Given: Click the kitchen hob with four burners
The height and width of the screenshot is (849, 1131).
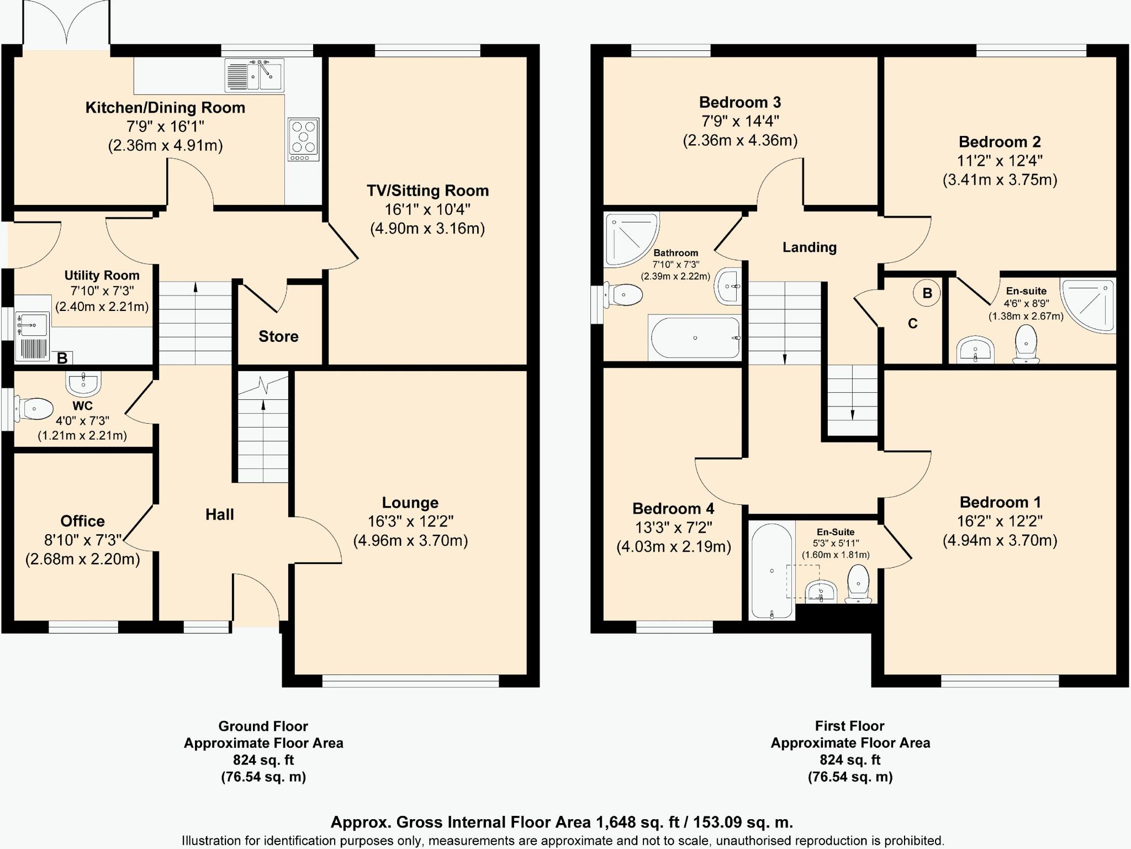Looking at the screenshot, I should tap(303, 139).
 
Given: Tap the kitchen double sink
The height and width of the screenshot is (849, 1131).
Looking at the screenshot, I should tap(255, 76).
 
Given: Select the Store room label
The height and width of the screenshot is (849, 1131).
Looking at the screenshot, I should tap(278, 336).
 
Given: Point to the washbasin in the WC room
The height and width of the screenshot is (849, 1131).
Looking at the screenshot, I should tap(83, 383).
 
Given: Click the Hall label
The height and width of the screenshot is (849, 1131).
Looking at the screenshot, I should tap(220, 515).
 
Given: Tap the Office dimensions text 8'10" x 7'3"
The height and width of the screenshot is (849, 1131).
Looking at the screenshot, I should tap(83, 540).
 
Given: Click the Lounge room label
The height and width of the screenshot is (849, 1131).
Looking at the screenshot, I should tap(410, 503).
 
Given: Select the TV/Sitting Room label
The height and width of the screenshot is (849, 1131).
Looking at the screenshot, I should tap(428, 191).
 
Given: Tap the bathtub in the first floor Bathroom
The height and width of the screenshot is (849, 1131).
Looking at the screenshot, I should tap(695, 338).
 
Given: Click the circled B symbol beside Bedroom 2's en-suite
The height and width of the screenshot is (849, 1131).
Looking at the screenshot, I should tap(927, 293).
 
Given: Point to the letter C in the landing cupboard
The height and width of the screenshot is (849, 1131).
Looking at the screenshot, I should tap(913, 324).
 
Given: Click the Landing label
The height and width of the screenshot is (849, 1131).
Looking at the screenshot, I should tap(809, 247).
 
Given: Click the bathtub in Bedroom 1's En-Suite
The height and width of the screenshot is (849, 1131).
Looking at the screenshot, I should tap(772, 572).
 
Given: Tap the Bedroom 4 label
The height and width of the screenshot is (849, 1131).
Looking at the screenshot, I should tap(673, 508).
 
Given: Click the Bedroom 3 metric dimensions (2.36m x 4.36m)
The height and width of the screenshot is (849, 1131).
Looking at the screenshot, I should tap(740, 140).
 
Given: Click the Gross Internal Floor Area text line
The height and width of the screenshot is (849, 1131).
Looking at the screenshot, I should tap(562, 822).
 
